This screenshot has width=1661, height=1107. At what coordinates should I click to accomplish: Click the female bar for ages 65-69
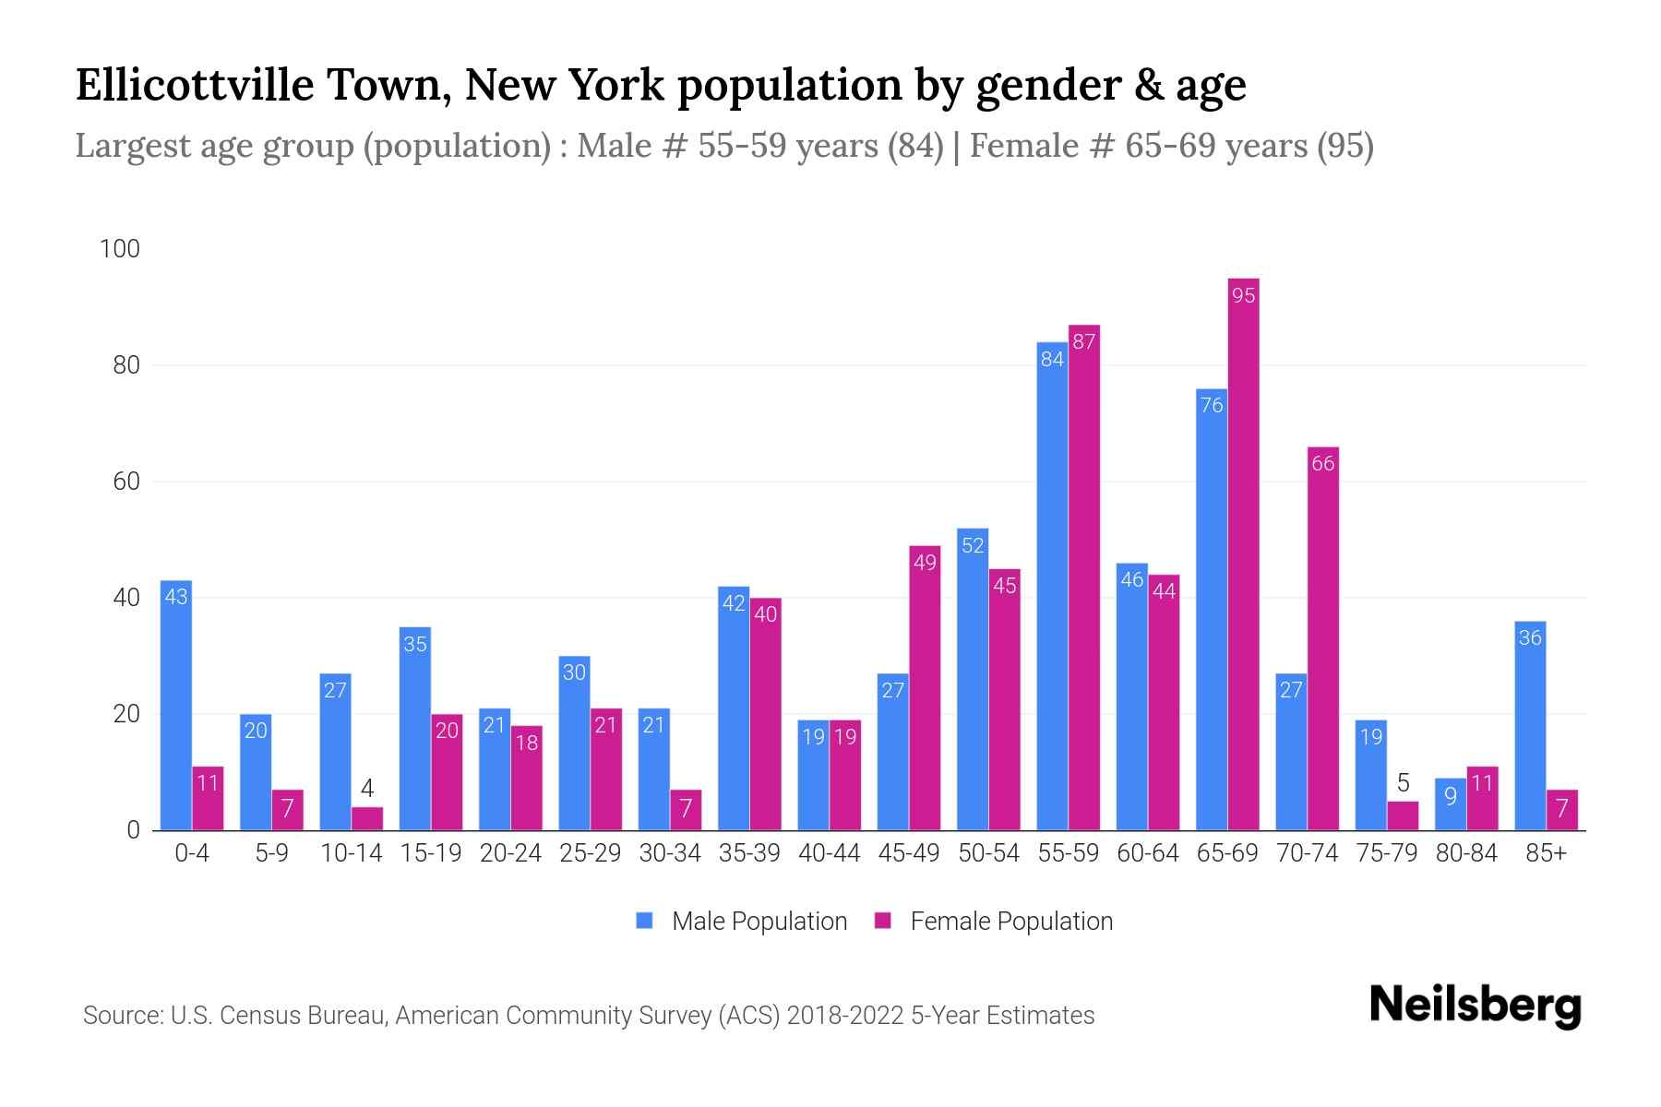(x=1243, y=553)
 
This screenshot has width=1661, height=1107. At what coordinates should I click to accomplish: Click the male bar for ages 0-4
(x=176, y=706)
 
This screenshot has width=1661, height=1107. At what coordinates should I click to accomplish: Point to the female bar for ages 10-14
(x=367, y=819)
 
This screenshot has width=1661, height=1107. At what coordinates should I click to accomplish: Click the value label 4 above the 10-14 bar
(x=367, y=789)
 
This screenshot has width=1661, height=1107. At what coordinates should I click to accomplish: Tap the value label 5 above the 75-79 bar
(x=1403, y=784)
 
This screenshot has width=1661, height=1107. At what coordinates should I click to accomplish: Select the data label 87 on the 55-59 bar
(x=1084, y=342)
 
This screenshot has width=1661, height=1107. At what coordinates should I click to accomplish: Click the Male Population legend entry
(x=742, y=922)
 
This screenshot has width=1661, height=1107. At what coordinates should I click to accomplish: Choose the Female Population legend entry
(x=994, y=922)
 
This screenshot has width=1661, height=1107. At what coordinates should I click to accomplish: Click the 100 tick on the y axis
(x=120, y=249)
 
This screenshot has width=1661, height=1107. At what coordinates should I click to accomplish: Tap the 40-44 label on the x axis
(x=829, y=853)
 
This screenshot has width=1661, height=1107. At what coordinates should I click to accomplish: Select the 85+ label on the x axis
(x=1546, y=853)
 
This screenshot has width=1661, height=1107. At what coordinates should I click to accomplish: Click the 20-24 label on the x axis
(x=510, y=853)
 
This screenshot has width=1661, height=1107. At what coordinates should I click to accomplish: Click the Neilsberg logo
(x=1475, y=1006)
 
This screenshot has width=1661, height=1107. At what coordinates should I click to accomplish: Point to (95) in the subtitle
(x=1344, y=146)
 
